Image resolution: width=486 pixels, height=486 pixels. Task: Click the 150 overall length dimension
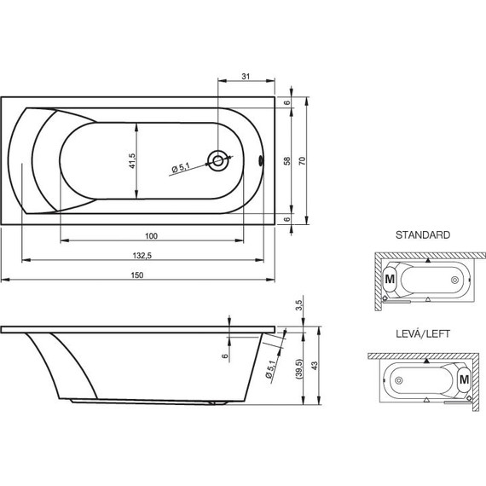point(137,274)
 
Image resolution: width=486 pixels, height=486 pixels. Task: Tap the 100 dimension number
point(151,235)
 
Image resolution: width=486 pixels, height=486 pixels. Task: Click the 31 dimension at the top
point(246,78)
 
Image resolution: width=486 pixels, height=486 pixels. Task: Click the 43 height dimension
point(316,365)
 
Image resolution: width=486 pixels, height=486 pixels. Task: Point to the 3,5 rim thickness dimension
point(297,304)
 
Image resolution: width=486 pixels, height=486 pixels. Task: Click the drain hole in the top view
point(220,159)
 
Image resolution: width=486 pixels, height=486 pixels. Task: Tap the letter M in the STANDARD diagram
point(389,278)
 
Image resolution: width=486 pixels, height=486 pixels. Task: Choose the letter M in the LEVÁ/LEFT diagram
point(465,378)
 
